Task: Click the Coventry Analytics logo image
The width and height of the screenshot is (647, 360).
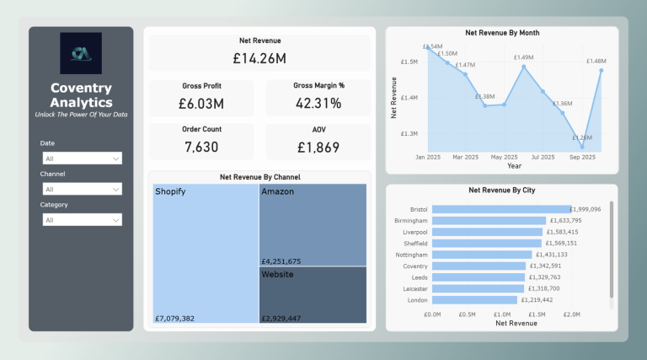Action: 81,53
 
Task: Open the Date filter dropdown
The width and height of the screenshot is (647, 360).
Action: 82,159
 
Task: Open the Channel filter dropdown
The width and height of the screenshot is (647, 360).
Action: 82,190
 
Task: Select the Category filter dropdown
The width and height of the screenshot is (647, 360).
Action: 82,220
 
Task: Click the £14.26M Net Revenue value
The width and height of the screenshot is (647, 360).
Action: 259,58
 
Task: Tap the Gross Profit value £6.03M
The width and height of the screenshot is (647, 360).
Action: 201,104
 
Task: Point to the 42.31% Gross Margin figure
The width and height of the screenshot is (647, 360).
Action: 318,104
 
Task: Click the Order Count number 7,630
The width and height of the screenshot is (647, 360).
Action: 201,147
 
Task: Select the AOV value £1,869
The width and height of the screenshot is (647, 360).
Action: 318,147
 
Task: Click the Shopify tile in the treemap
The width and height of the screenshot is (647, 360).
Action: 206,253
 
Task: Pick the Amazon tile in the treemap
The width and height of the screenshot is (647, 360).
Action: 313,225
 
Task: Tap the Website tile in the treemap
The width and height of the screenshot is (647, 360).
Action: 313,294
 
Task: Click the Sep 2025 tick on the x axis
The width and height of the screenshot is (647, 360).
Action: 582,157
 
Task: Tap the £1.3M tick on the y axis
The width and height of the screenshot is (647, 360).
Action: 409,134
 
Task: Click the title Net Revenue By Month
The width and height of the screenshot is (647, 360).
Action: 502,33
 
